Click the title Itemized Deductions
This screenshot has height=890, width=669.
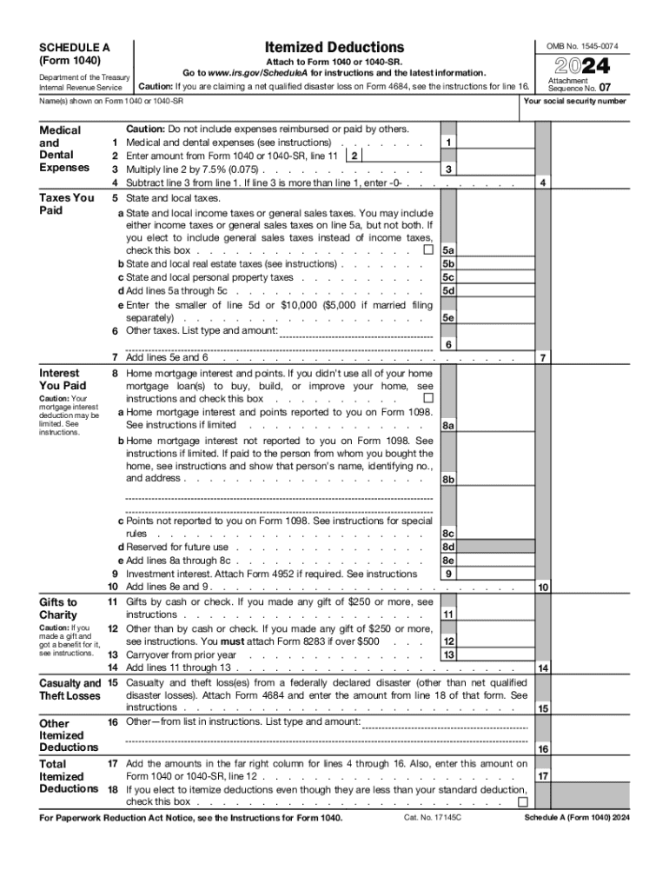334,47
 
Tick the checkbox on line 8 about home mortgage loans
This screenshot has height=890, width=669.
427,399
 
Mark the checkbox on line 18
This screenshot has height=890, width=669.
522,801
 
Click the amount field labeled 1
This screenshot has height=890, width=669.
447,142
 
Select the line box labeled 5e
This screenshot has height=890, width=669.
448,318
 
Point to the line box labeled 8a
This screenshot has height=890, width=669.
448,426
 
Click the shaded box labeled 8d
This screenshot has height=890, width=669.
448,547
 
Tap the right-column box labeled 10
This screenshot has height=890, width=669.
543,588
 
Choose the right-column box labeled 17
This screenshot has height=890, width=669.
543,776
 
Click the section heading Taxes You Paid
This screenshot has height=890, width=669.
67,204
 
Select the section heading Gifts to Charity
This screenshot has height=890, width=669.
58,608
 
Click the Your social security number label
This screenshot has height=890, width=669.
574,102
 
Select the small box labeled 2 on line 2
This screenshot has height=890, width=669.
354,155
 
